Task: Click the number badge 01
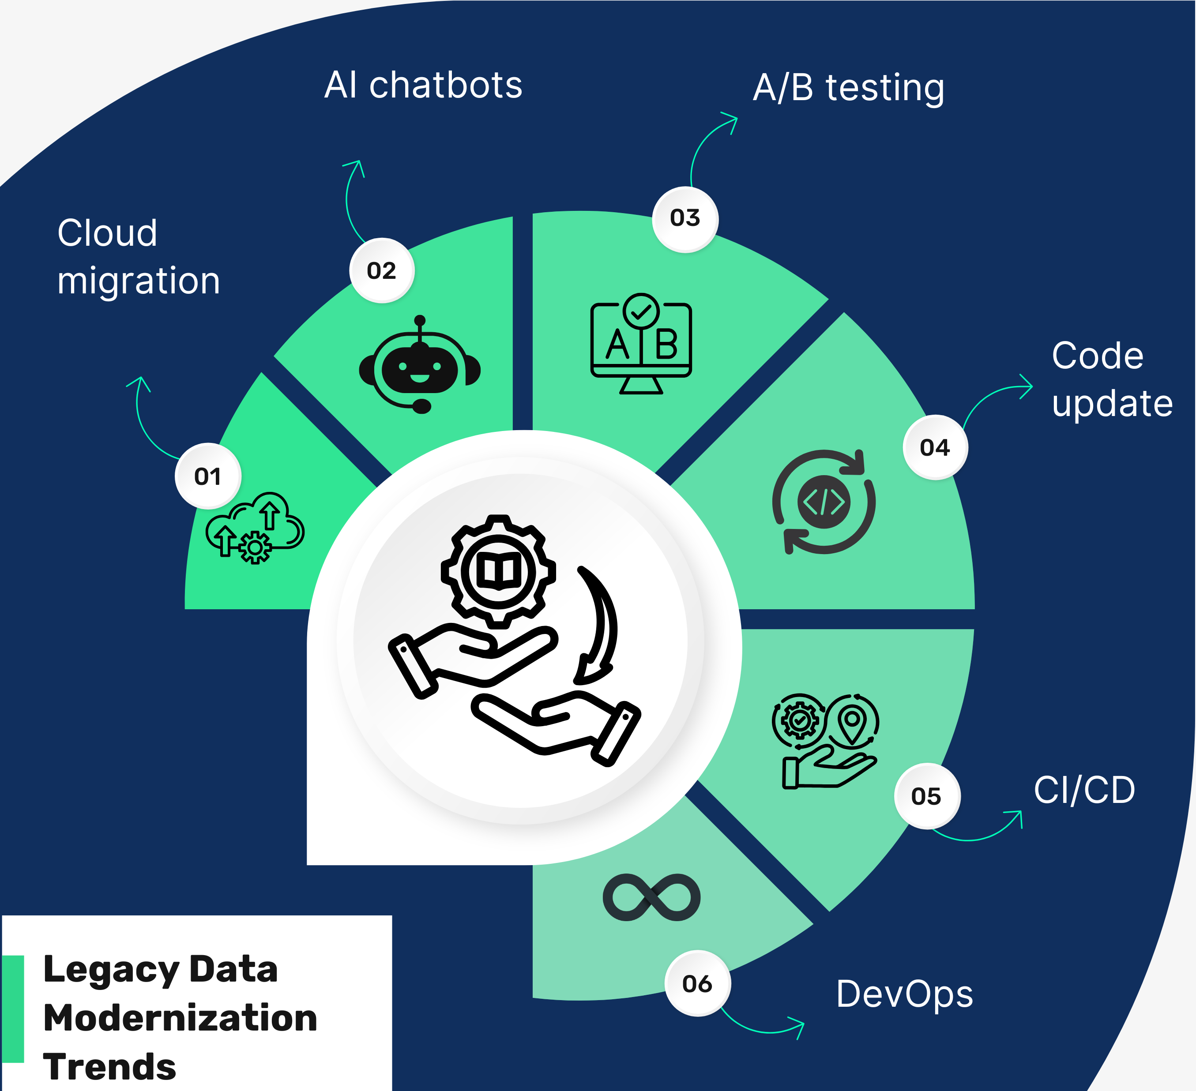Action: point(207,476)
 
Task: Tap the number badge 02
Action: point(381,271)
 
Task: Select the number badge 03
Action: point(685,218)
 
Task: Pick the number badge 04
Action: point(935,447)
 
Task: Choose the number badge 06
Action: point(697,984)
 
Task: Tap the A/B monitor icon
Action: point(641,344)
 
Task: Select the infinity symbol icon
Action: point(651,897)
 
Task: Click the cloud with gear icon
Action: point(255,528)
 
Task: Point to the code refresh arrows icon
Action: point(824,502)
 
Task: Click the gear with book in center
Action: point(498,571)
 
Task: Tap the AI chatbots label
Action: point(423,85)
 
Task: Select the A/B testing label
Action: point(848,88)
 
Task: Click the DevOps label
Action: point(904,994)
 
